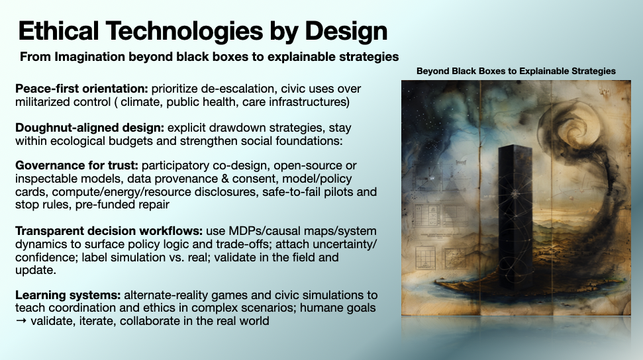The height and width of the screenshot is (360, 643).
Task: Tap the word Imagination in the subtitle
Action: tap(90, 57)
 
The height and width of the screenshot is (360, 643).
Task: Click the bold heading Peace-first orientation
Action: tap(81, 89)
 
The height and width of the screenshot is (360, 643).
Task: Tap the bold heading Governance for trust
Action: tap(77, 165)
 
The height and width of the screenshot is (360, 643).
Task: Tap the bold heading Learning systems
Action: tap(68, 294)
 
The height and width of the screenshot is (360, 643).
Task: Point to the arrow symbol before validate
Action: tap(21, 321)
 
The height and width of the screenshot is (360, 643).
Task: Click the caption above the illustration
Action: tap(516, 71)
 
